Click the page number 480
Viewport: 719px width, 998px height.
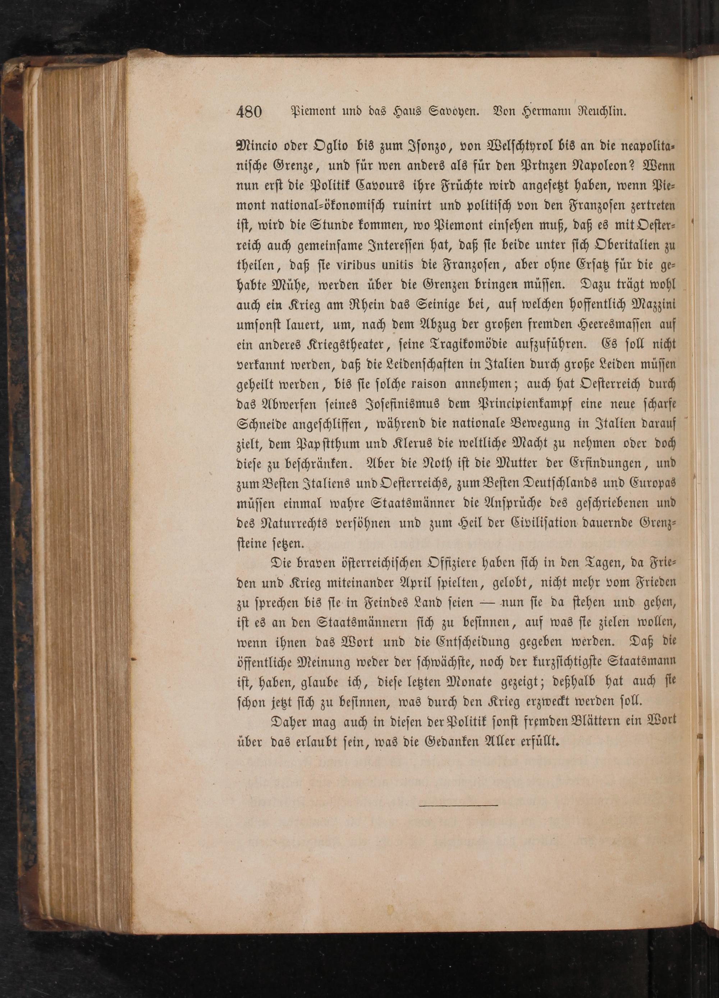[x=249, y=112]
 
